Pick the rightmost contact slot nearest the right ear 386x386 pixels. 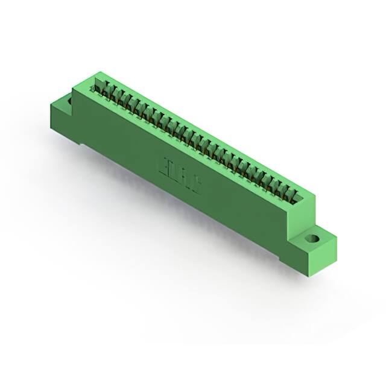[294, 195]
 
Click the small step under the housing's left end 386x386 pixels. [81, 142]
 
